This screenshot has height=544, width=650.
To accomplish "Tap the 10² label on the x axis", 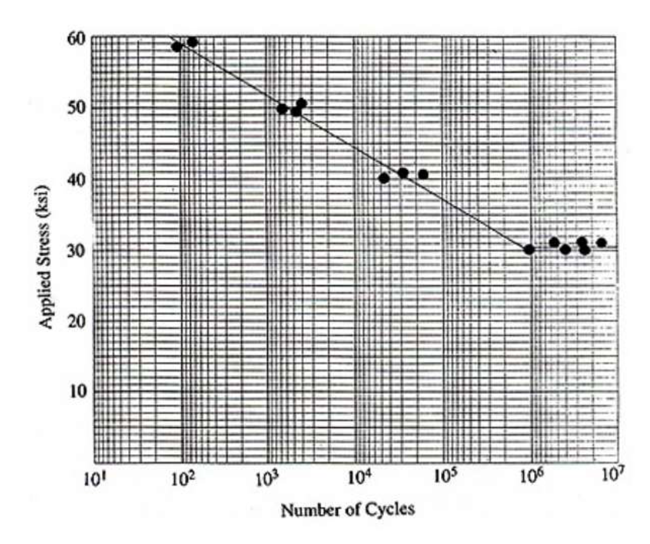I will click(x=184, y=479).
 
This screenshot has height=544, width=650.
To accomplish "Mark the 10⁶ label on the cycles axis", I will click(x=531, y=479).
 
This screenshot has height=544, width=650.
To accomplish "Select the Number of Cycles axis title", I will click(x=347, y=511).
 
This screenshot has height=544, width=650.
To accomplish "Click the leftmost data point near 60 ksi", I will click(x=177, y=46).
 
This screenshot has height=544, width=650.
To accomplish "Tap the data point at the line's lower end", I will click(x=529, y=249).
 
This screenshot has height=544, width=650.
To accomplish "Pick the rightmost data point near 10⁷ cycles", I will click(x=601, y=242).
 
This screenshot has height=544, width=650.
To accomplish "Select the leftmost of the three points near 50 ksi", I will click(x=282, y=109).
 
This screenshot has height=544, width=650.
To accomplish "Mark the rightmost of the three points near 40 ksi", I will click(x=423, y=174).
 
